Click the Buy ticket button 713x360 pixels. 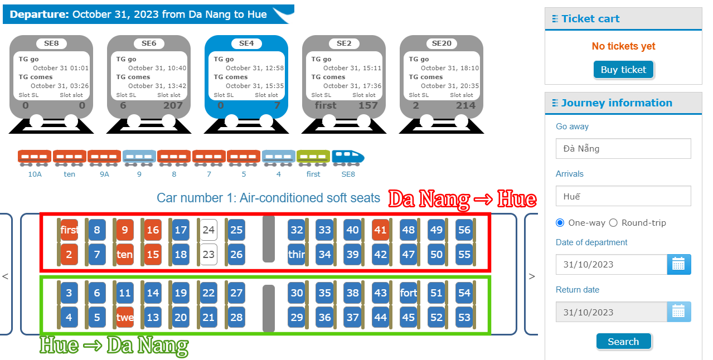[x=623, y=70]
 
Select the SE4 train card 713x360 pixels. [x=246, y=77]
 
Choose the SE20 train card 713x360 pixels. [x=442, y=77]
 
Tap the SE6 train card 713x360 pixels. [x=149, y=77]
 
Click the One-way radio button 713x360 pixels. [x=560, y=223]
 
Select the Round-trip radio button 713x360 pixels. [x=613, y=223]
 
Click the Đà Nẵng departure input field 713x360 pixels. [x=623, y=149]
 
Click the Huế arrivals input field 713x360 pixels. [x=623, y=196]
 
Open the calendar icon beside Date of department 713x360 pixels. [x=678, y=264]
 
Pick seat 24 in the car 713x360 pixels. [x=208, y=230]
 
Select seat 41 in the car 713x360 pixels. [x=381, y=230]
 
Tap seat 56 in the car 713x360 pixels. [x=464, y=230]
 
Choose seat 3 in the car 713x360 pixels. [x=69, y=293]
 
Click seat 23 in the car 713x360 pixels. [x=208, y=255]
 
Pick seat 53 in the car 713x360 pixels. [x=464, y=318]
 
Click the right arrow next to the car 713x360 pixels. [x=531, y=276]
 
